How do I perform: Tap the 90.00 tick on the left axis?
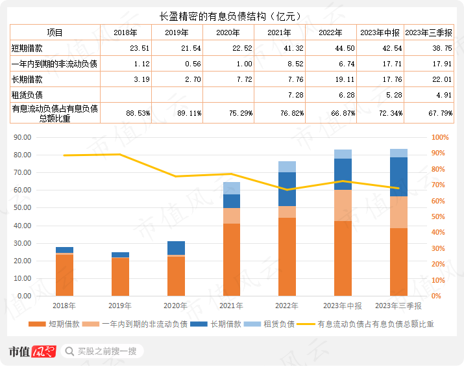22,138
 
